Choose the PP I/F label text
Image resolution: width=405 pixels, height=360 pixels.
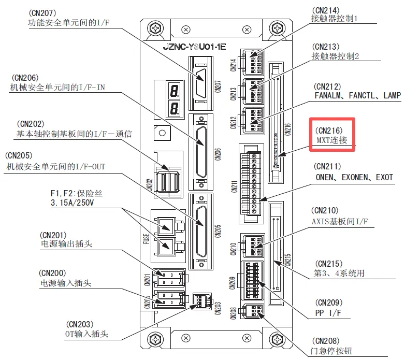(329, 313)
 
